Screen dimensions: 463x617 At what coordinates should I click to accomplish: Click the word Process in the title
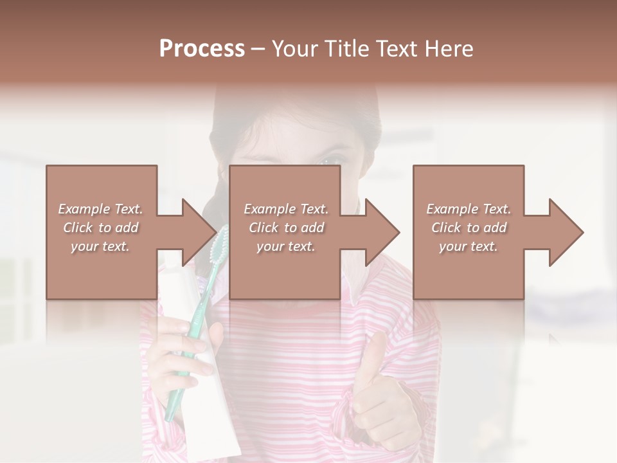point(202,49)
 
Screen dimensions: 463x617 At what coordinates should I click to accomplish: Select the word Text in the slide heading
point(396,49)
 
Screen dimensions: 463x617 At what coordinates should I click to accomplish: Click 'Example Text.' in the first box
point(100,209)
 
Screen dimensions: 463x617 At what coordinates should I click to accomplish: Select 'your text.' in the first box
point(100,246)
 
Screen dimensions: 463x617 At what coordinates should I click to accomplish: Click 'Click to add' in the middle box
point(286,228)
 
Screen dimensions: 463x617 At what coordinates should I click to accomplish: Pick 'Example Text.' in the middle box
point(286,209)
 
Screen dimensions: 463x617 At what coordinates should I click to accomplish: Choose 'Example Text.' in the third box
point(469,209)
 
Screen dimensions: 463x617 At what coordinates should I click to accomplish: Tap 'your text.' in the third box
point(469,246)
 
